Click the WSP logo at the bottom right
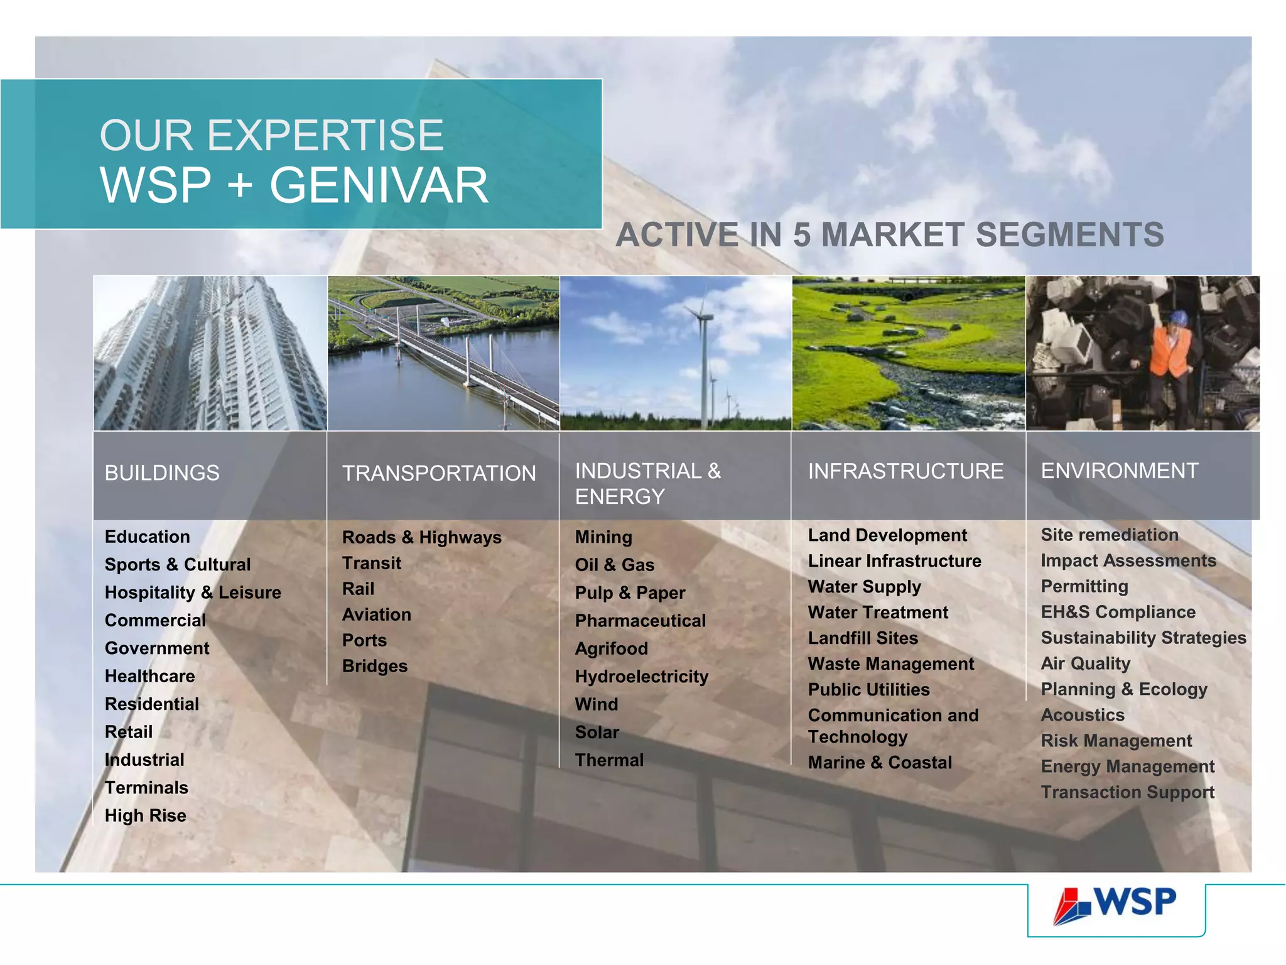[x=1115, y=905]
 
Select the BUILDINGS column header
[x=162, y=473]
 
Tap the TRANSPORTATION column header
[x=439, y=474]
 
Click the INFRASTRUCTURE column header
[x=905, y=471]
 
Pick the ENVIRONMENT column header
[x=1120, y=471]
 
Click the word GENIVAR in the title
[x=379, y=186]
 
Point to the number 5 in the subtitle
[x=802, y=236]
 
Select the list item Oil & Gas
[x=614, y=565]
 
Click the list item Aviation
[x=376, y=614]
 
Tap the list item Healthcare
[x=149, y=676]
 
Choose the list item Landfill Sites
[x=862, y=638]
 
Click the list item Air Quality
[x=1085, y=663]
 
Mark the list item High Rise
[x=145, y=815]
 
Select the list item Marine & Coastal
[x=879, y=763]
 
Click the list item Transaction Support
[x=1127, y=792]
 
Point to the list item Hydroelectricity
[x=641, y=677]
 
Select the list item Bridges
[x=374, y=666]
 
